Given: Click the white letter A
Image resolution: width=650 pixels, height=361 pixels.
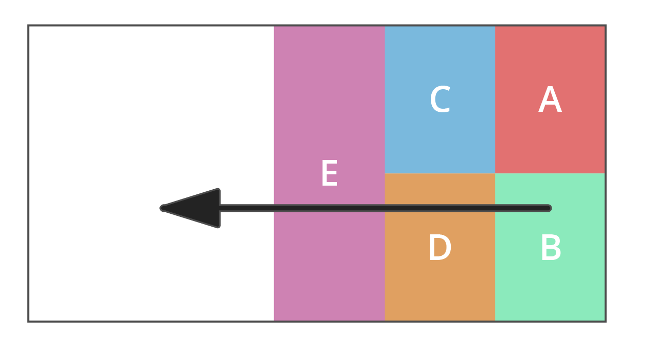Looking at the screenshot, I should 550,100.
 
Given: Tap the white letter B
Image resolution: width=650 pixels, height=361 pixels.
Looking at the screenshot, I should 551,248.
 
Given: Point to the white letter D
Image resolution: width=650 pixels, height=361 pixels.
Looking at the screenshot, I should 439,248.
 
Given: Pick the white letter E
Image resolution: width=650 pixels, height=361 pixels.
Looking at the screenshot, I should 329,174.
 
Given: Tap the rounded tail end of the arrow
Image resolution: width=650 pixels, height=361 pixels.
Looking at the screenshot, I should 548,208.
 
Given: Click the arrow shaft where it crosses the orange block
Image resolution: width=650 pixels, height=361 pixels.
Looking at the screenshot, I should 439,208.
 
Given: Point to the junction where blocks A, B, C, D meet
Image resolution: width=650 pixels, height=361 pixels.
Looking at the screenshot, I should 495,173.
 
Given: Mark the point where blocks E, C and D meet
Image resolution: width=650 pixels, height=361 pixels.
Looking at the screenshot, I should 385,173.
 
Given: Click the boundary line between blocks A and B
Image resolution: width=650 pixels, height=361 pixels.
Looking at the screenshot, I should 550,173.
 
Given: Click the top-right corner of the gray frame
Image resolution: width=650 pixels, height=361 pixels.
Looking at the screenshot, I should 605,26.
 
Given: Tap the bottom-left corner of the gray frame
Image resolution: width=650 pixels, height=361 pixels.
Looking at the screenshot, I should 29,321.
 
